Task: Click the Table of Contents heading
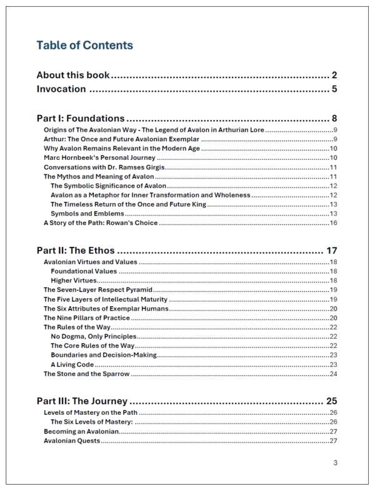(x=84, y=45)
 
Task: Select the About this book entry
(x=73, y=76)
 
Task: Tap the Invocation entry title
(x=61, y=89)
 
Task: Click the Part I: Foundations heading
(x=81, y=118)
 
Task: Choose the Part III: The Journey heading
(x=82, y=401)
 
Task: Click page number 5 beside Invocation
(x=334, y=89)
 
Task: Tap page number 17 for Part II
(x=331, y=251)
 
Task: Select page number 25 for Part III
(x=331, y=401)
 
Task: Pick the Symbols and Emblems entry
(x=87, y=214)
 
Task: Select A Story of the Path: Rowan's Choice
(x=101, y=223)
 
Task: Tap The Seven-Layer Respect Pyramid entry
(x=98, y=290)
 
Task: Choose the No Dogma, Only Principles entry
(x=93, y=337)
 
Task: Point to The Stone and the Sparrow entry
(x=86, y=374)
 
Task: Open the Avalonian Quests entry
(x=72, y=441)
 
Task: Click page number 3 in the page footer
(x=335, y=463)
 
